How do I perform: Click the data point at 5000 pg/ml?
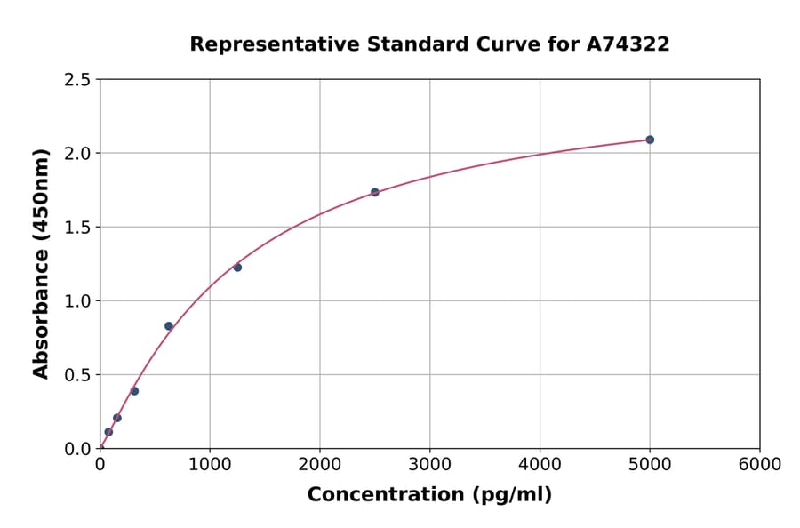click(650, 140)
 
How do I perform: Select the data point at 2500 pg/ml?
click(375, 192)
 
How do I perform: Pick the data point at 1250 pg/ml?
click(237, 268)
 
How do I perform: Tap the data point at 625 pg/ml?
click(169, 326)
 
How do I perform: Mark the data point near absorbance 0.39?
click(134, 391)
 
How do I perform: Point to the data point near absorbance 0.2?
click(117, 418)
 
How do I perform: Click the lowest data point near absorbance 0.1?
click(108, 432)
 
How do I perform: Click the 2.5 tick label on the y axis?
click(76, 80)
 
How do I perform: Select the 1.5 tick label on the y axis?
click(76, 228)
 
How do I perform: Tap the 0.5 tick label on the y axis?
click(76, 375)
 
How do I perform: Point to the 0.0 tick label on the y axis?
click(76, 449)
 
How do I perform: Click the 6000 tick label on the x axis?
click(759, 465)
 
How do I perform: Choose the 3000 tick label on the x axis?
click(429, 465)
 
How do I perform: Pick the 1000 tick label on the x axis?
click(210, 465)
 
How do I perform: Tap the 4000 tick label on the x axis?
click(540, 465)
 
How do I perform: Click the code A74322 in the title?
click(628, 44)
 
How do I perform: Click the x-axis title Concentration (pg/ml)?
click(429, 495)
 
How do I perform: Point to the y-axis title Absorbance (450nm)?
click(41, 264)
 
